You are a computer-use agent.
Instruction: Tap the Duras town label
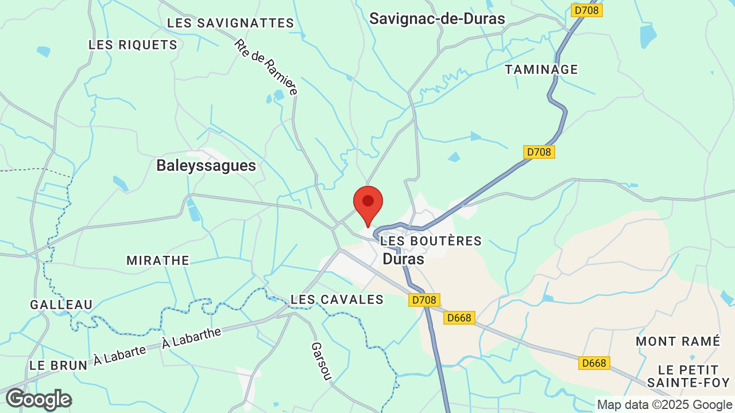point(403,259)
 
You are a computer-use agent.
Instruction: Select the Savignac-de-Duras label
point(437,19)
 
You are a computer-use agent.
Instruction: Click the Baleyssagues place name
point(206,166)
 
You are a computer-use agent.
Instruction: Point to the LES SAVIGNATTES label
point(230,24)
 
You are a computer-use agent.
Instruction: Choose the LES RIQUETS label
point(133,45)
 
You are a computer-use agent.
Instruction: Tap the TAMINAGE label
point(541,69)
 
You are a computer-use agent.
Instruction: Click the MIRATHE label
point(158,260)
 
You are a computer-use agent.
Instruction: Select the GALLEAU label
point(61,305)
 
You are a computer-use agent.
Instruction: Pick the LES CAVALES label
point(337,299)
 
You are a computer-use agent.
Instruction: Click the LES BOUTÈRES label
point(431,241)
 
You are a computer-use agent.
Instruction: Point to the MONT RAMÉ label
point(678,342)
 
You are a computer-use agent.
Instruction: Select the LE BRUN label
point(58,365)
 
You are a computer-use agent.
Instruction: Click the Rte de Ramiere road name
point(266,67)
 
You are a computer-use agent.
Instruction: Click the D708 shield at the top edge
point(587,10)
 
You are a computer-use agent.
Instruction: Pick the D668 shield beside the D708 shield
point(459,318)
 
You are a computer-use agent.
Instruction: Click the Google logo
point(38,400)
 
